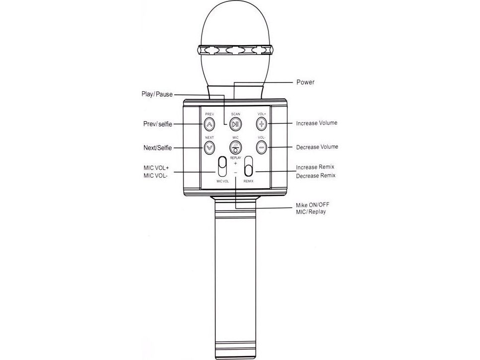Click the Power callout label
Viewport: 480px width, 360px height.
tap(305, 82)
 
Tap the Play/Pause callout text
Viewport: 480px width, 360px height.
tap(157, 94)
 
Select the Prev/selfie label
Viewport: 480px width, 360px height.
tap(158, 124)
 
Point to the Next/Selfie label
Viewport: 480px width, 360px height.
tap(158, 148)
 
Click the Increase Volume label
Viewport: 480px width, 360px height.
tap(317, 123)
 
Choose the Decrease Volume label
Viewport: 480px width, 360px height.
tap(317, 147)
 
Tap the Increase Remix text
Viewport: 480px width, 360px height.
tap(315, 167)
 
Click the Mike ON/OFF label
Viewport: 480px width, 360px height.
tap(313, 205)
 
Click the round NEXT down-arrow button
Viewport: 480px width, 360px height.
tap(209, 147)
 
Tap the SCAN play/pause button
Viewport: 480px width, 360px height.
tap(235, 124)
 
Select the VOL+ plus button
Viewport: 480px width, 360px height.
tap(262, 124)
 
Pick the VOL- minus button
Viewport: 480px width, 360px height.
tap(262, 147)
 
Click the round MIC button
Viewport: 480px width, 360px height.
tap(235, 147)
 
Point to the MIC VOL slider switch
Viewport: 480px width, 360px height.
tap(222, 167)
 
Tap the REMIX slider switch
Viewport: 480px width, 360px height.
tap(249, 166)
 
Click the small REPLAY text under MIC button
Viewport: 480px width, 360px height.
tap(235, 158)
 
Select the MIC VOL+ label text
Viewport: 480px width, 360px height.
tap(156, 168)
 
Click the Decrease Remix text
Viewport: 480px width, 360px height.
tap(316, 176)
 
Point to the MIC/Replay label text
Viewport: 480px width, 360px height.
tap(311, 212)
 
